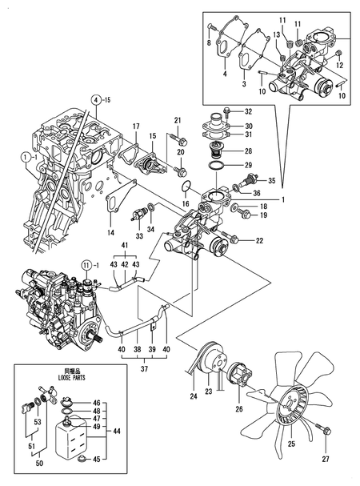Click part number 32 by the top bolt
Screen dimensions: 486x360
click(x=248, y=110)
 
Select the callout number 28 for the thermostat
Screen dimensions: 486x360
click(x=248, y=151)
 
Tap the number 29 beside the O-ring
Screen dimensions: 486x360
click(x=248, y=164)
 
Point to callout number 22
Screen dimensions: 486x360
click(x=258, y=240)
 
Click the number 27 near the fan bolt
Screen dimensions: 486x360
click(x=326, y=460)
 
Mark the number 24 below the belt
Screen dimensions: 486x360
click(x=193, y=395)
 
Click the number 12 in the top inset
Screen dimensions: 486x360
click(x=339, y=64)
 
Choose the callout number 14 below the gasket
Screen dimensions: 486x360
click(x=111, y=232)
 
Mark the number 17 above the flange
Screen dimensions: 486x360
click(x=136, y=125)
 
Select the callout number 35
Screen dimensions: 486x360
click(x=272, y=181)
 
